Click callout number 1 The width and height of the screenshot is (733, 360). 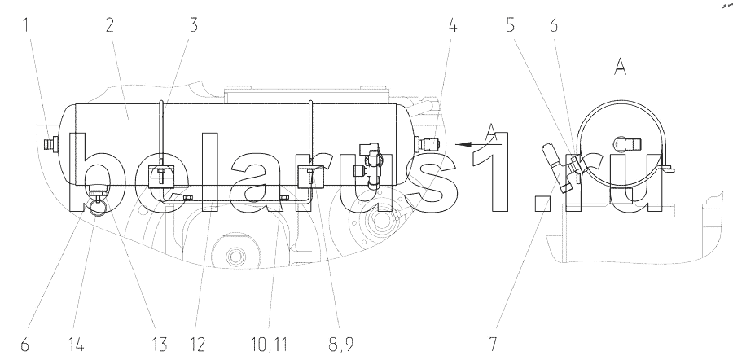click(26, 24)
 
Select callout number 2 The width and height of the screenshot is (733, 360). click(109, 24)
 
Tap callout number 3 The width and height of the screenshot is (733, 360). click(193, 24)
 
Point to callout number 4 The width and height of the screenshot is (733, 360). click(452, 24)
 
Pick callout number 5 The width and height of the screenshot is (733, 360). click(511, 24)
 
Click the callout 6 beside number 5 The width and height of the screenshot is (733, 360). click(554, 24)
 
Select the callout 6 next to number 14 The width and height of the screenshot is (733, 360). click(24, 345)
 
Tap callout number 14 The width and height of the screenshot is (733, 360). click(76, 345)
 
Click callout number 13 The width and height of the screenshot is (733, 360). click(159, 345)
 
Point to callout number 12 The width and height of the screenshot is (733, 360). click(198, 345)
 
